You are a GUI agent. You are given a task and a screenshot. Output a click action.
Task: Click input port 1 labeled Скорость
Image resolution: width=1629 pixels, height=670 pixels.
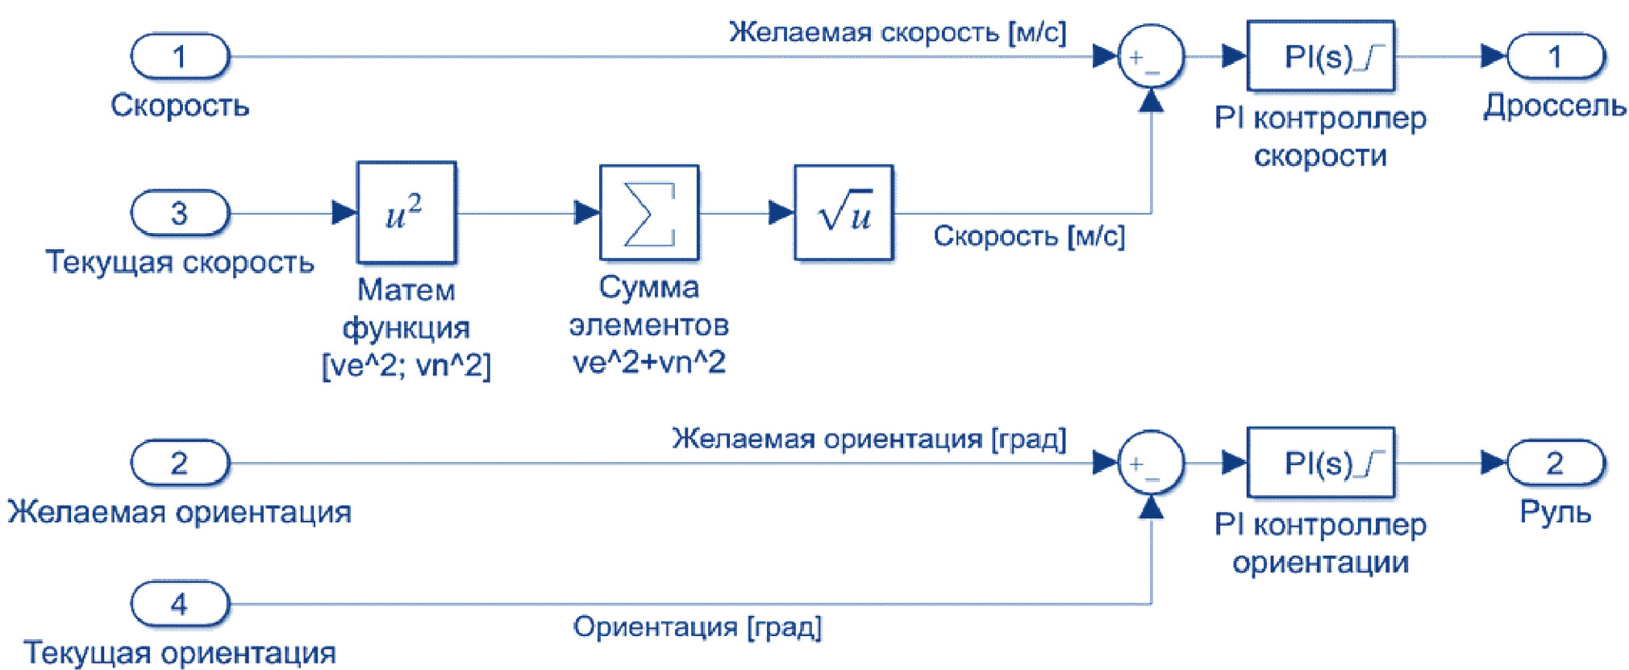pos(180,56)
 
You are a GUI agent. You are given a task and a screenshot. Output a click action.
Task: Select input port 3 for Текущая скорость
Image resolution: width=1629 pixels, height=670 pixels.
pos(180,213)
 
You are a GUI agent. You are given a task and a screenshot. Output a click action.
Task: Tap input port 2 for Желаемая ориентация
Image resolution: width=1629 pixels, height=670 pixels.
pos(180,463)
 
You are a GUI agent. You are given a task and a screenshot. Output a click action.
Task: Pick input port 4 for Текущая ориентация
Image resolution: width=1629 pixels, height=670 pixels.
pos(180,604)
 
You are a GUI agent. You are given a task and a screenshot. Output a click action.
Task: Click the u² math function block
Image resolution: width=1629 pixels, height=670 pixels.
pos(406,213)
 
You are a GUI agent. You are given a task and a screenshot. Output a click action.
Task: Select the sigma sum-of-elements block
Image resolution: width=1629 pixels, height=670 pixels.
pos(648,213)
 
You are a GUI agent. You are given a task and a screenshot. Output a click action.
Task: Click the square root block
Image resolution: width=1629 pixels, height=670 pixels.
pos(843,213)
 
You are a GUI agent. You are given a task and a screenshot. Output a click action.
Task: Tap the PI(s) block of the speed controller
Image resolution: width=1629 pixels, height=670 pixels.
pos(1320,56)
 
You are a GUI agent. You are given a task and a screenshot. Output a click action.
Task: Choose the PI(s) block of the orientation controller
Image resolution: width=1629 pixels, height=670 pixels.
pos(1320,463)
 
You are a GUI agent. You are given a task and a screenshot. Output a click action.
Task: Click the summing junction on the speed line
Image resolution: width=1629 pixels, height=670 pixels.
pos(1151,56)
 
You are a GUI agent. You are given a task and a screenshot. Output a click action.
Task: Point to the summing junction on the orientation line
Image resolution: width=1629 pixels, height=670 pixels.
pos(1151,463)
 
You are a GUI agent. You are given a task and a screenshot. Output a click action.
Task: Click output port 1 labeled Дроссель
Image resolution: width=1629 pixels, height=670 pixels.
pos(1555,56)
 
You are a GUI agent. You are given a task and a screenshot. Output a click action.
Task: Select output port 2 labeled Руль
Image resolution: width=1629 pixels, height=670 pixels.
pos(1555,463)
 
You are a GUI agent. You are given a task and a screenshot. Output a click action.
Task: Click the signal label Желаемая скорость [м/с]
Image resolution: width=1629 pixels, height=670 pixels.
pos(897,33)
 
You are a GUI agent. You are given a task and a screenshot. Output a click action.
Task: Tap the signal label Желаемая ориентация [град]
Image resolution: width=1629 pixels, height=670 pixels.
pos(869,439)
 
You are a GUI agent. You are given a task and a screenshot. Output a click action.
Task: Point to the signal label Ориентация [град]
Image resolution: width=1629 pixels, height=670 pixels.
pos(697,627)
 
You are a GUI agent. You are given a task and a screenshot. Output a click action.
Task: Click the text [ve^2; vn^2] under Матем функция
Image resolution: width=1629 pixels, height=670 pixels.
pos(406,366)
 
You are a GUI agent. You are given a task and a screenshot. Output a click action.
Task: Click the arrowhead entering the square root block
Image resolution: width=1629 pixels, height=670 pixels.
pos(781,213)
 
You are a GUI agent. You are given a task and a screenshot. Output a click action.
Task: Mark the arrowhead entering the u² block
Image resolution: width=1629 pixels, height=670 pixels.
pos(344,213)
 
